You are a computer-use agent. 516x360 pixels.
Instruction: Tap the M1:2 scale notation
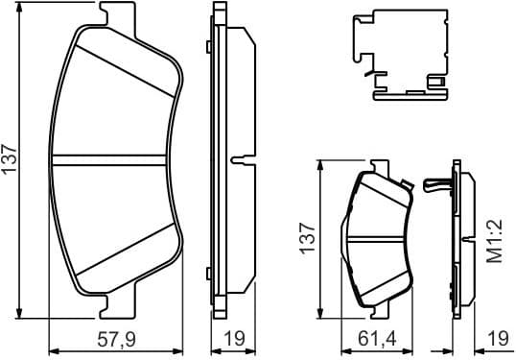[x=496, y=244]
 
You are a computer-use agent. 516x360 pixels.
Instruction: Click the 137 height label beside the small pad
[x=307, y=237]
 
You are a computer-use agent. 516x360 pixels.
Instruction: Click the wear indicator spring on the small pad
[x=434, y=185]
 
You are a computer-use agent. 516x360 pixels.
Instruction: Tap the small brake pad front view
[x=377, y=239]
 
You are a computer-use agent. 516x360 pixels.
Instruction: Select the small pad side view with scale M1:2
[x=465, y=239]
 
